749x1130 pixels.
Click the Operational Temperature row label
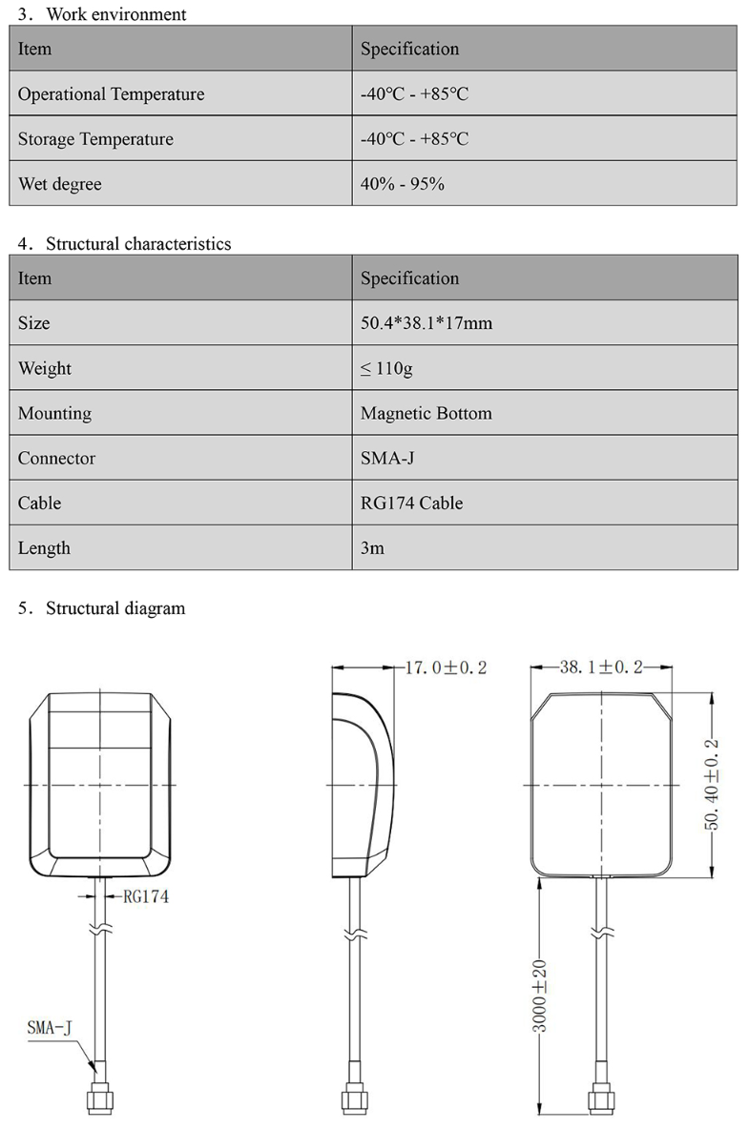tap(111, 94)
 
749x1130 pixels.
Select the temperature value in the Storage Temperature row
tap(414, 139)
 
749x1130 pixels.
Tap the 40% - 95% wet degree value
tap(402, 184)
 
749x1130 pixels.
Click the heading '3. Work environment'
tap(102, 14)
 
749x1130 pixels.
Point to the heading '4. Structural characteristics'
tap(124, 244)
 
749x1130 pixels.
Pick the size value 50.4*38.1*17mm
tap(427, 323)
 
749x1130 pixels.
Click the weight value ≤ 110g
tap(386, 368)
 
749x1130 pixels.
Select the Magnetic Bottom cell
tap(426, 413)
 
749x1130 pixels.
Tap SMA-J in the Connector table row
tap(387, 458)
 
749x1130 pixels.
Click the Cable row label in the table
tap(39, 503)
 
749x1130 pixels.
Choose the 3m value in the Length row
tap(372, 548)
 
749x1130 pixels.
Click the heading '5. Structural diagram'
tap(101, 608)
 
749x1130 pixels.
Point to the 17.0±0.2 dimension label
tap(446, 668)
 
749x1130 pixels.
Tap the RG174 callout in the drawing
tap(146, 896)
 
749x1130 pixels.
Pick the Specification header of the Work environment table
tap(409, 49)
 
